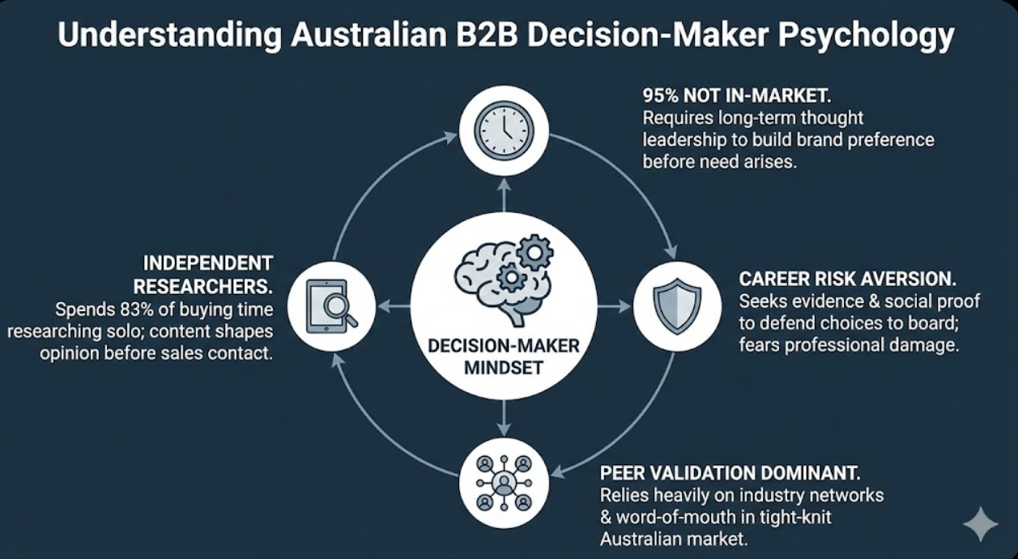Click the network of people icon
click(x=504, y=483)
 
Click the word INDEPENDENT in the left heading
click(x=207, y=263)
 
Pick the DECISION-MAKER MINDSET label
click(x=504, y=357)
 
